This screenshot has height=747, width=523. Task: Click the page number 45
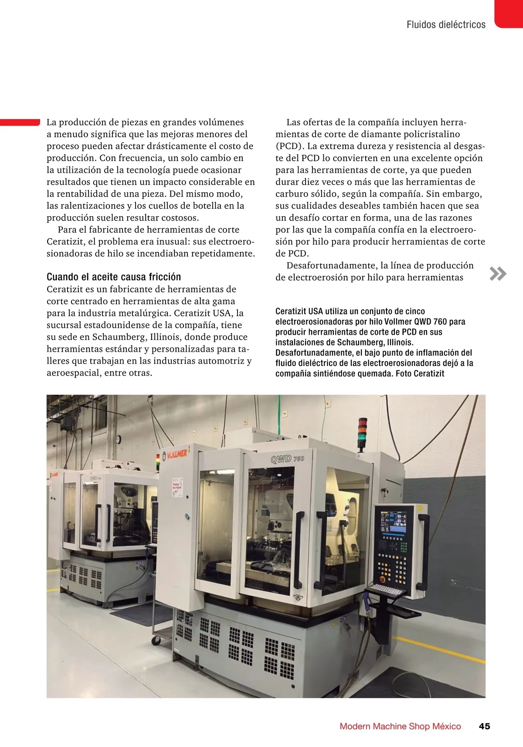pyautogui.click(x=484, y=726)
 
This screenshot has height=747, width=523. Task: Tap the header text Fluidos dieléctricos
pyautogui.click(x=446, y=25)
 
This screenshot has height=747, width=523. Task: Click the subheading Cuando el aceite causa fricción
pyautogui.click(x=114, y=277)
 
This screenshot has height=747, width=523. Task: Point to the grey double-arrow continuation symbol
pyautogui.click(x=498, y=273)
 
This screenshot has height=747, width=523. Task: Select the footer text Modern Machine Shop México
pyautogui.click(x=400, y=726)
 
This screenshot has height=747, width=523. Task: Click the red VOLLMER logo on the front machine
pyautogui.click(x=177, y=454)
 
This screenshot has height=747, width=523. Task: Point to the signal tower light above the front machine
pyautogui.click(x=362, y=433)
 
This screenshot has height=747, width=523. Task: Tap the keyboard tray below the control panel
pyautogui.click(x=385, y=589)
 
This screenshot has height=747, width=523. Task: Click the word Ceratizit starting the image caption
pyautogui.click(x=291, y=311)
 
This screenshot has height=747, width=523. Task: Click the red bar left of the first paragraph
pyautogui.click(x=20, y=122)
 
